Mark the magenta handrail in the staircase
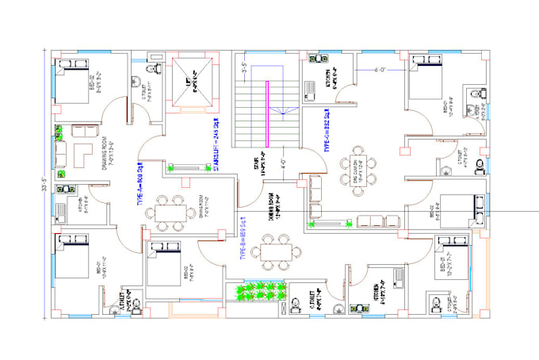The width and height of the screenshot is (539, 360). (x=267, y=111)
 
